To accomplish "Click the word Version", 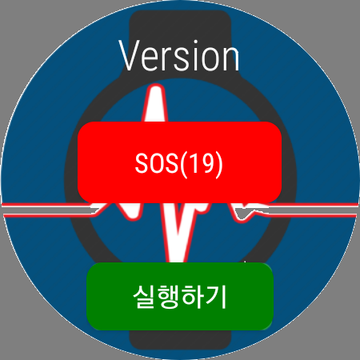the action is [179, 55].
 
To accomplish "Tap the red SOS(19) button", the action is [179, 162].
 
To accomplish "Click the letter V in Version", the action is [129, 56].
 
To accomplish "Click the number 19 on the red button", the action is [201, 163].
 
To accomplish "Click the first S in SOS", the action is [142, 163].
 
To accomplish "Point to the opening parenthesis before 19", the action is [183, 165].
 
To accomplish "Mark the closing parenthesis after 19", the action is [218, 165].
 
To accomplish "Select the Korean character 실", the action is [144, 297].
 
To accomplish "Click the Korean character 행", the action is [168, 297].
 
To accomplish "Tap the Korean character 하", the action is [192, 297].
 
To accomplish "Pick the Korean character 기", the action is [215, 297].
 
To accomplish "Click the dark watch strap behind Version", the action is [180, 24].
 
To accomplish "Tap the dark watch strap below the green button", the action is [180, 339].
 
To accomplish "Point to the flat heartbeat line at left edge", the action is [46, 210].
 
